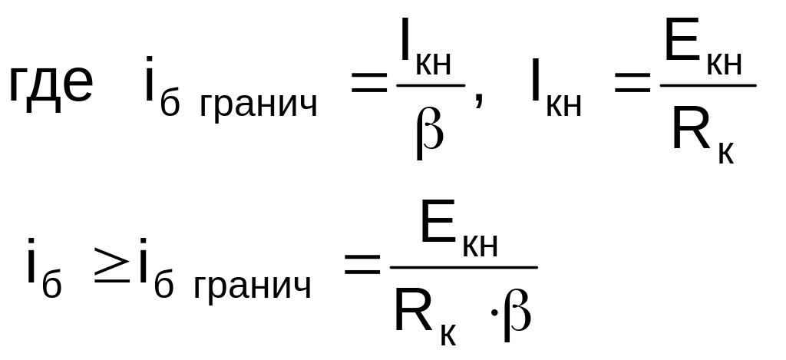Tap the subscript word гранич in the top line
pyautogui.click(x=258, y=107)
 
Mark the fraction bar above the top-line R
pyautogui.click(x=707, y=85)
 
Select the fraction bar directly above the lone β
pyautogui.click(x=431, y=85)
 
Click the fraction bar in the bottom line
pyautogui.click(x=464, y=267)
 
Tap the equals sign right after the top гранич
pyautogui.click(x=368, y=86)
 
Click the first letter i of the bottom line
pyautogui.click(x=32, y=265)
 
